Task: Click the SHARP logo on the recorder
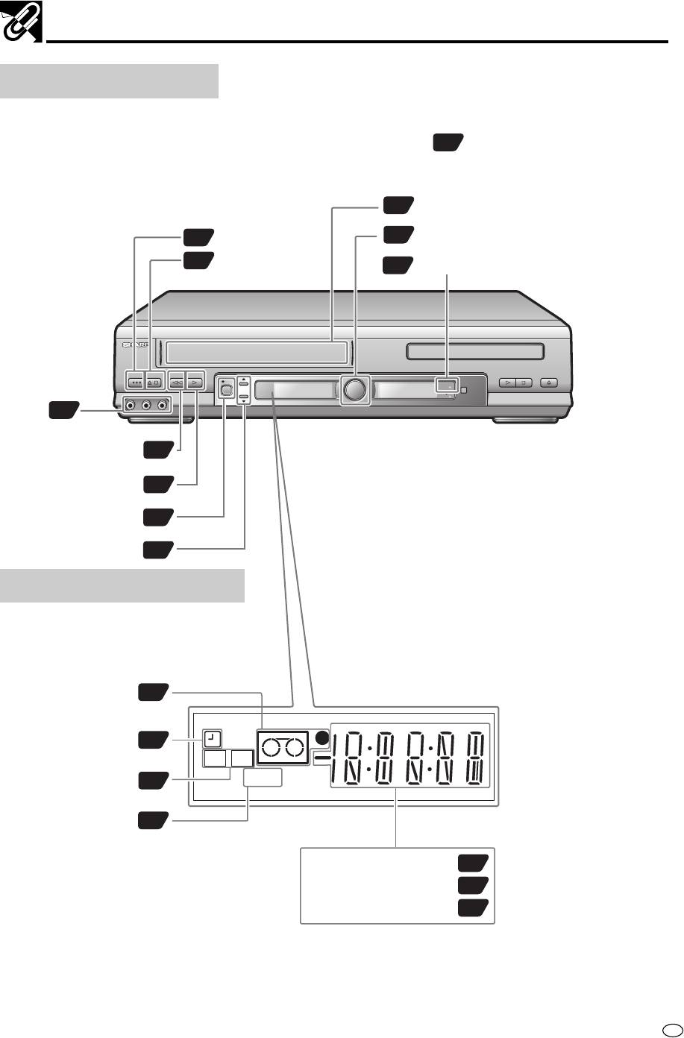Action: (136, 346)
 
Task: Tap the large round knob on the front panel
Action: (354, 389)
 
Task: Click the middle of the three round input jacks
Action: (146, 406)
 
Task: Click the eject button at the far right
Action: (549, 383)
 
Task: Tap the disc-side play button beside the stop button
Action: (507, 383)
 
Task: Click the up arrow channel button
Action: (242, 380)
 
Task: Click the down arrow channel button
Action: (242, 399)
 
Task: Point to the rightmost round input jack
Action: (162, 406)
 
